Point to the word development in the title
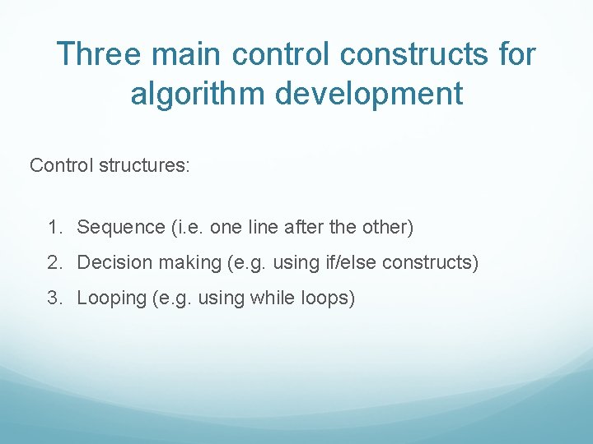point(369,94)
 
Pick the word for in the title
point(516,55)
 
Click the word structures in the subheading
point(144,165)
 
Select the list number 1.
point(54,227)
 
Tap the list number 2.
point(54,263)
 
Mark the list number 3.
point(54,298)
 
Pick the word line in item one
point(258,227)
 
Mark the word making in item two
point(181,263)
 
